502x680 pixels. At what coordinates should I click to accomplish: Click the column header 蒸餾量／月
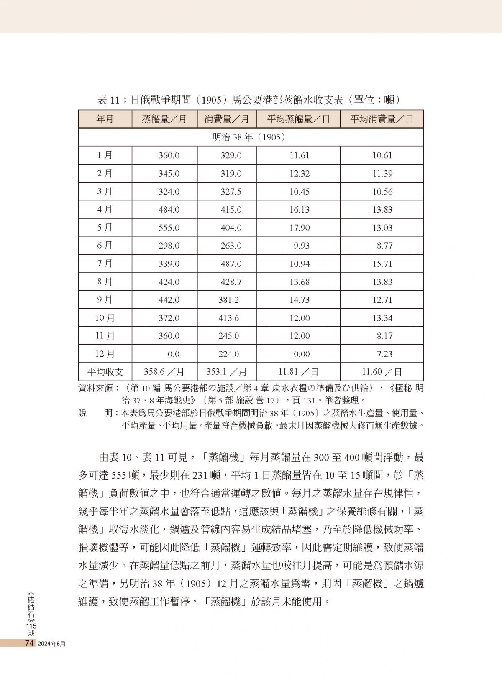click(x=164, y=119)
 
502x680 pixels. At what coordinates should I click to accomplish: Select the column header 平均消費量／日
click(x=382, y=119)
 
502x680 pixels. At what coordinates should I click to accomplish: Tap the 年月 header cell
click(x=105, y=119)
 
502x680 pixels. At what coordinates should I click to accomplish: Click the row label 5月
click(x=105, y=228)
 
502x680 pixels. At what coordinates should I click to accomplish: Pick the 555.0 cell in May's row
click(x=169, y=228)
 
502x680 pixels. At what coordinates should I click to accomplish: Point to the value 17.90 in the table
click(x=299, y=228)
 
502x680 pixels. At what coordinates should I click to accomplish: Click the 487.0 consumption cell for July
click(x=231, y=264)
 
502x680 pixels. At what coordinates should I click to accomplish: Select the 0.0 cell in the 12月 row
click(x=173, y=354)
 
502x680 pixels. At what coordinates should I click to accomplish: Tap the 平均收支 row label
click(x=105, y=372)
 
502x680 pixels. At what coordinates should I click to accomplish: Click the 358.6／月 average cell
click(x=164, y=372)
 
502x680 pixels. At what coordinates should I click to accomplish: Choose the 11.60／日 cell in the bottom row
click(x=382, y=372)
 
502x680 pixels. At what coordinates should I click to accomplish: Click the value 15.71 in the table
click(x=382, y=264)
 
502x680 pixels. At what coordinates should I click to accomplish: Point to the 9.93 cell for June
click(x=301, y=246)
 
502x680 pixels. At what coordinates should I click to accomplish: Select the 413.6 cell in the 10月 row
click(x=228, y=318)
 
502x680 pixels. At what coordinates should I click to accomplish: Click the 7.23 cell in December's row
click(x=384, y=354)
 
